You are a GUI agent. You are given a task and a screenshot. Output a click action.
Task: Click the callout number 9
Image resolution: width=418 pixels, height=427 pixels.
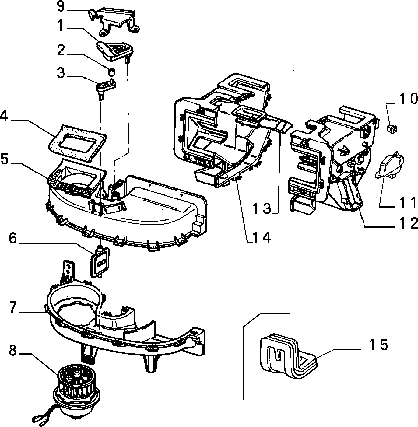(61, 6)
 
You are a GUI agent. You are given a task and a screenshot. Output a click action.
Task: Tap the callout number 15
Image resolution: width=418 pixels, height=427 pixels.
(378, 345)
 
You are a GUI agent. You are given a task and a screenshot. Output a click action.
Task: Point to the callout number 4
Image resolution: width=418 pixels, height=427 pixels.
(4, 116)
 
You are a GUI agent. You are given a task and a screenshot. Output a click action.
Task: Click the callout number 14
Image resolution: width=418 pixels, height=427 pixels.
(262, 238)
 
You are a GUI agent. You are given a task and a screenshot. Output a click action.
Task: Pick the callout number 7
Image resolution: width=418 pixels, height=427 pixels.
(13, 307)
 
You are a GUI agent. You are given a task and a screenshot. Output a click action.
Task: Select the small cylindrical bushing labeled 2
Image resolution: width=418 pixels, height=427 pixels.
(112, 72)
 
